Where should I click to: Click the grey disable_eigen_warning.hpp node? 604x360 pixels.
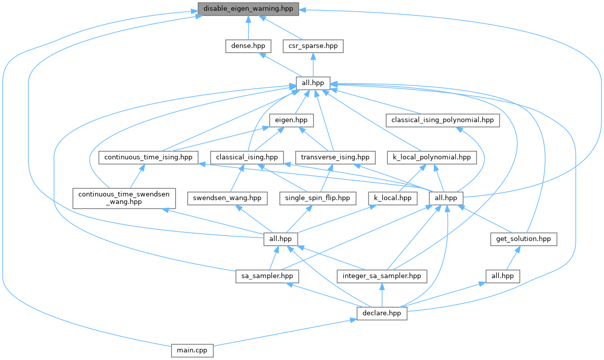[248, 9]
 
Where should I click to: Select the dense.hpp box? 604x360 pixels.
[247, 46]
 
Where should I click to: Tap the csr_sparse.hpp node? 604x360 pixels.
[313, 46]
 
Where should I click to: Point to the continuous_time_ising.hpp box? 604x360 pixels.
[148, 157]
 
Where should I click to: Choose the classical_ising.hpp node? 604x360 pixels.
[247, 157]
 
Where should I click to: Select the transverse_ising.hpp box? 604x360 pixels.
[335, 157]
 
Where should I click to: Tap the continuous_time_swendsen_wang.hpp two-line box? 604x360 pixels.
[124, 197]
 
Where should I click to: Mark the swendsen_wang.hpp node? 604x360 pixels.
[227, 197]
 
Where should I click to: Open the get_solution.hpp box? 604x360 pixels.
[524, 239]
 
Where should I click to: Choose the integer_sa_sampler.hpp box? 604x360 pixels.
[382, 276]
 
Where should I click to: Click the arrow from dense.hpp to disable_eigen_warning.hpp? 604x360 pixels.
[247, 28]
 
